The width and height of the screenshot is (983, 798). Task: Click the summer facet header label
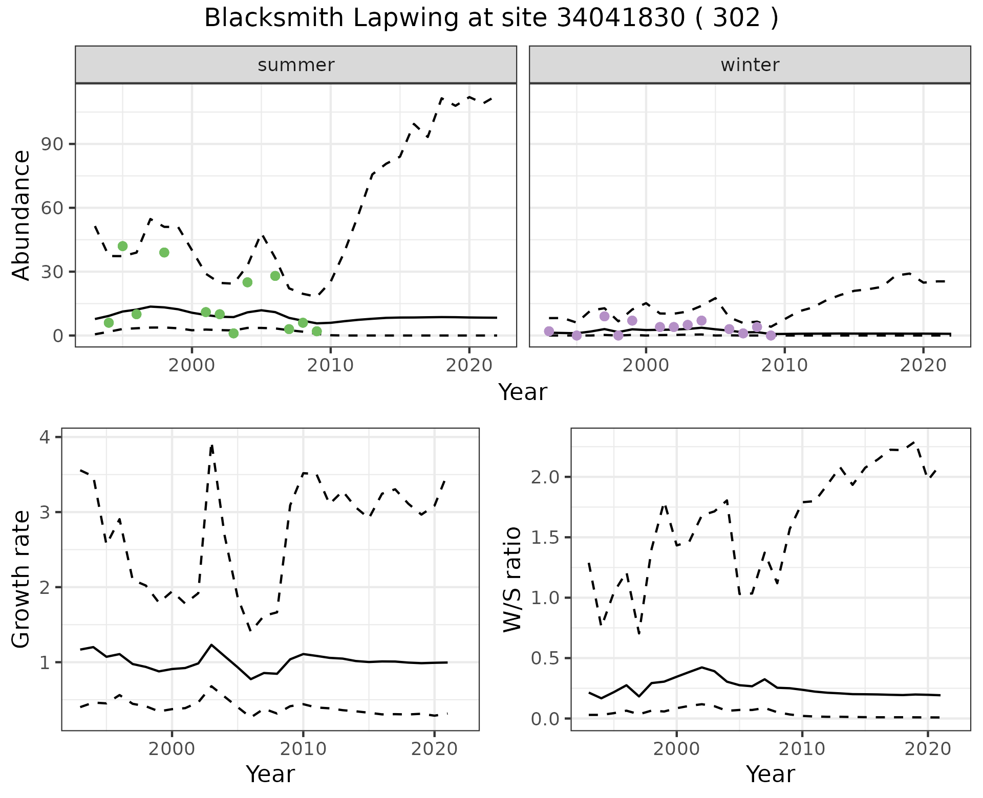[296, 65]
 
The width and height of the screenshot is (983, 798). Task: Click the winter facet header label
[750, 65]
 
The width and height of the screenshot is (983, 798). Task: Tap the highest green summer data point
[122, 246]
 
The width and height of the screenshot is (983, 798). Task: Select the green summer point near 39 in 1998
[164, 252]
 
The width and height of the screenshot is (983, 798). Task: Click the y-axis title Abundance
[21, 215]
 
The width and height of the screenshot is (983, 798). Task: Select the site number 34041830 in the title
[620, 18]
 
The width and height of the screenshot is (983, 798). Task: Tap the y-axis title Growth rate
[21, 579]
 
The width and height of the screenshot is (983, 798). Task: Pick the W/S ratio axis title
[512, 579]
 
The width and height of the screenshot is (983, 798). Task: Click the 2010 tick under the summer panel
[330, 365]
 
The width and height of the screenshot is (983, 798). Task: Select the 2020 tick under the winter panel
[923, 365]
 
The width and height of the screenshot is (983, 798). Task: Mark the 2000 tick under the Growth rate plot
[172, 749]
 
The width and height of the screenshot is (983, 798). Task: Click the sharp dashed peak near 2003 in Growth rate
[211, 446]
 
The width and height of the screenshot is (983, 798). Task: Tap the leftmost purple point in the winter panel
[549, 331]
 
